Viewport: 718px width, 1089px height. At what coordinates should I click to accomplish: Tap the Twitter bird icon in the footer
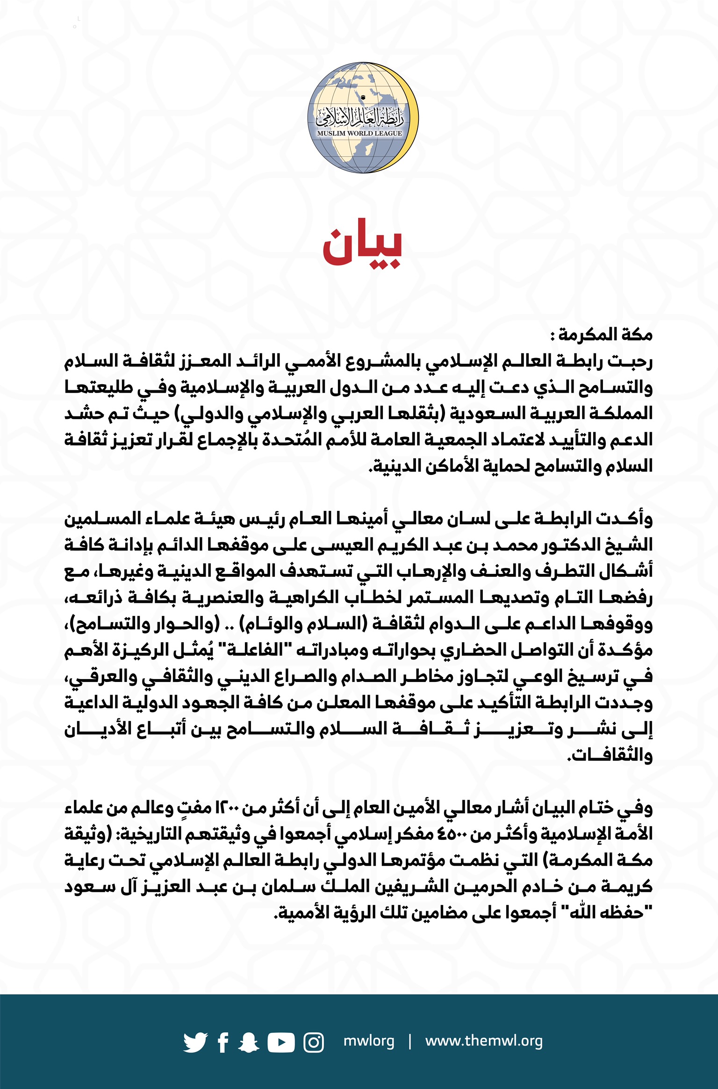pyautogui.click(x=195, y=1042)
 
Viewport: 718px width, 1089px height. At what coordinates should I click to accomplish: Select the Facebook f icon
pyautogui.click(x=223, y=1042)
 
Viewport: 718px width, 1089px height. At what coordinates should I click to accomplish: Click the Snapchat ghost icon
pyautogui.click(x=248, y=1042)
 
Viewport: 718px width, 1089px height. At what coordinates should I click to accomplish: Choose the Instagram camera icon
pyautogui.click(x=313, y=1042)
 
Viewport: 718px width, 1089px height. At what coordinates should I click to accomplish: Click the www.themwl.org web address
pyautogui.click(x=484, y=1041)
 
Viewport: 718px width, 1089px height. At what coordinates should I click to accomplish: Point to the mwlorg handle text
pyautogui.click(x=369, y=1041)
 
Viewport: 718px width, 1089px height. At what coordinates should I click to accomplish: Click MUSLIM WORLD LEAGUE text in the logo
pyautogui.click(x=359, y=133)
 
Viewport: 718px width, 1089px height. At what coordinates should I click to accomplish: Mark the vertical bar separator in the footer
pyautogui.click(x=410, y=1041)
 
